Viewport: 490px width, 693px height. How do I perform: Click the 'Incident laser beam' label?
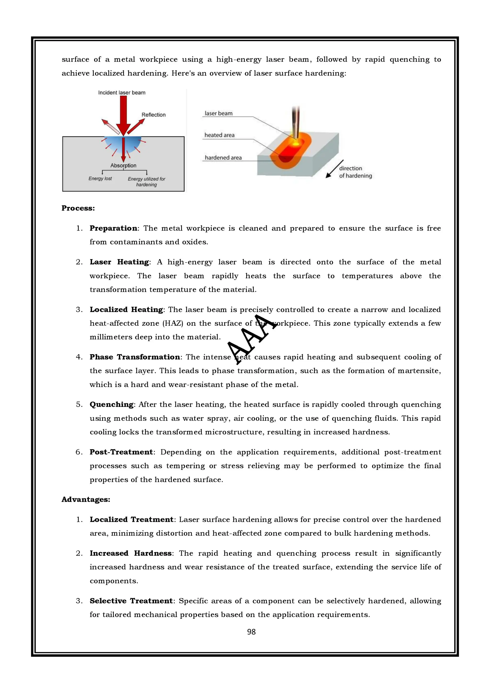(122, 93)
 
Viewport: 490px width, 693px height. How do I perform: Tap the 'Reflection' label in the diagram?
(153, 115)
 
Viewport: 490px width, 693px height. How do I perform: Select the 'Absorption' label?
(123, 165)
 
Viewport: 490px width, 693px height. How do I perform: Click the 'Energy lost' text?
(100, 178)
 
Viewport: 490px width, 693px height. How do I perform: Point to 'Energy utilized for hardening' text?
(146, 182)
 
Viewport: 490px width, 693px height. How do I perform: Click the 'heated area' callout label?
(219, 135)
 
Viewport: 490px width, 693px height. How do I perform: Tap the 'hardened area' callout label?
(223, 158)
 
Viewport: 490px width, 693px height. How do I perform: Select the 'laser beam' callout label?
(218, 114)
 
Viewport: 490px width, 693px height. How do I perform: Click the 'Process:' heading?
(78, 208)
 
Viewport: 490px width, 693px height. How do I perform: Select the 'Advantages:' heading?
(86, 500)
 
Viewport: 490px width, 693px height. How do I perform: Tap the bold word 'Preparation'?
(113, 228)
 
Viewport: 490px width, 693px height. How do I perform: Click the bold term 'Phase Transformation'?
(135, 357)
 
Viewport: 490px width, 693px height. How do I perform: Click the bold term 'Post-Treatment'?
(121, 452)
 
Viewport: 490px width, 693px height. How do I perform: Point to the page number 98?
(251, 632)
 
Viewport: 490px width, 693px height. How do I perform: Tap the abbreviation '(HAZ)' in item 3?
(173, 324)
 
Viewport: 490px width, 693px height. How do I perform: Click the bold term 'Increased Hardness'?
(130, 553)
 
